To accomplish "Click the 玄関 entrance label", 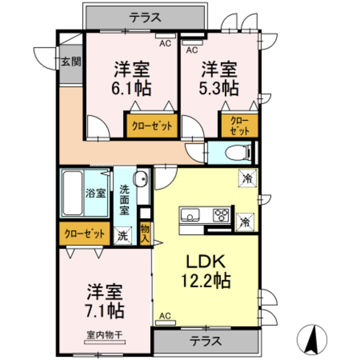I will click(x=71, y=61).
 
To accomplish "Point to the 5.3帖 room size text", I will click(x=219, y=87).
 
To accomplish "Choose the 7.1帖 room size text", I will click(x=105, y=309).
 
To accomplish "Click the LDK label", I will click(x=206, y=262).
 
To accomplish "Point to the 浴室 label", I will click(x=95, y=193).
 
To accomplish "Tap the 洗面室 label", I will click(x=124, y=200).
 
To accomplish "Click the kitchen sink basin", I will click(x=190, y=215).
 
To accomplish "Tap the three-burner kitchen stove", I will click(x=220, y=215).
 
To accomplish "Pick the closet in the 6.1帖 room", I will click(x=151, y=126).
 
